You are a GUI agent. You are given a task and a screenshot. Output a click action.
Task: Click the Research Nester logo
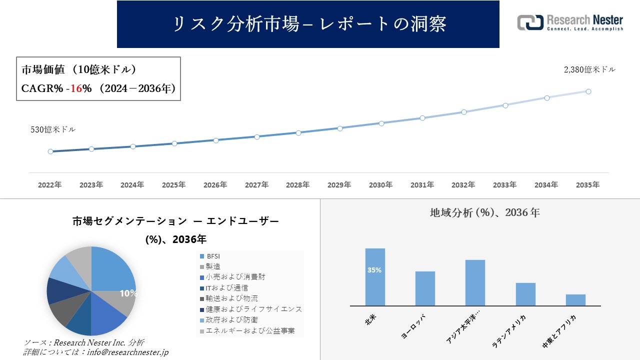pos(570,23)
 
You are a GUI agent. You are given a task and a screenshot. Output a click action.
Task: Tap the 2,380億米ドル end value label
pos(589,70)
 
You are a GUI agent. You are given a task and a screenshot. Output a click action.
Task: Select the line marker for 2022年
pos(50,151)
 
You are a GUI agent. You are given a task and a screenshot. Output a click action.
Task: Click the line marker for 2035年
pos(588,91)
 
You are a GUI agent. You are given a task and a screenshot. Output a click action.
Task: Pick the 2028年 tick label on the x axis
pos(298,185)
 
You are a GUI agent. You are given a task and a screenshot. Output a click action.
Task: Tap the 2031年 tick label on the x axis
pos(422,185)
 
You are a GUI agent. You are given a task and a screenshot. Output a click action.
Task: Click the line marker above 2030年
pos(381,123)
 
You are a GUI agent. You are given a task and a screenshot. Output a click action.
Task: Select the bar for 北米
pos(375,277)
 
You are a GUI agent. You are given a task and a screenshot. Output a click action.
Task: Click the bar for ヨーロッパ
pos(425,288)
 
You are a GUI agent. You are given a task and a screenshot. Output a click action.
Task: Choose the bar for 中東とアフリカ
pos(575,300)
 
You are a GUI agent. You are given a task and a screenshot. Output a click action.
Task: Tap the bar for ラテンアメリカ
pos(525,294)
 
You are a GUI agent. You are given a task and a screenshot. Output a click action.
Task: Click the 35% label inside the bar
pos(374,270)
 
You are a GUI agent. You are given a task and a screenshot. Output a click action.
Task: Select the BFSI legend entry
pos(213,256)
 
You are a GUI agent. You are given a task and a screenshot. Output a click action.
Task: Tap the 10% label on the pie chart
pos(128,293)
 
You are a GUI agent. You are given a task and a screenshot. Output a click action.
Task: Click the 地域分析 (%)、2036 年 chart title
pos(484,212)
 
